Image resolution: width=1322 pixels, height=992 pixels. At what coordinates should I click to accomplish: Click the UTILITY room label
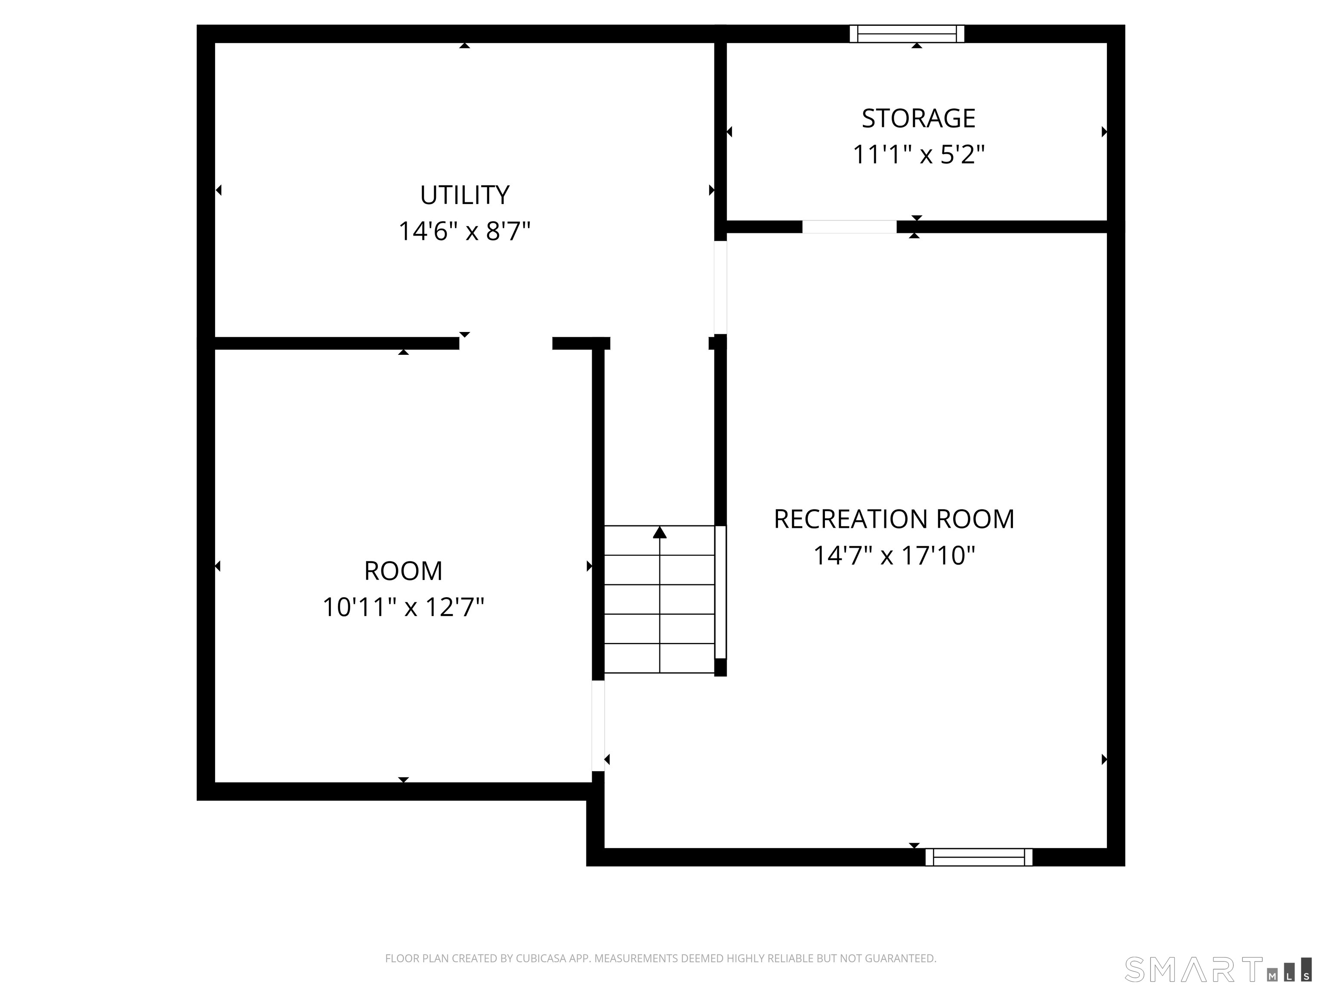click(464, 195)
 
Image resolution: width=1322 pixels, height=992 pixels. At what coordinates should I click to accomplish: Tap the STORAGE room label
click(918, 118)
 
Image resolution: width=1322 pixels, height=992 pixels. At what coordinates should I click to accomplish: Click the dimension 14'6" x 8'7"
click(464, 231)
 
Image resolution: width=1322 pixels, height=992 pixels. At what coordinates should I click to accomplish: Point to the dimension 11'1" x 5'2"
click(918, 155)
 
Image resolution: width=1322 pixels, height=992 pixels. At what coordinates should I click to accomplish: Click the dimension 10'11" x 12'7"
click(403, 608)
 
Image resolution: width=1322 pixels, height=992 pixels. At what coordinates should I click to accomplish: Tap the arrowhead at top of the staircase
click(659, 532)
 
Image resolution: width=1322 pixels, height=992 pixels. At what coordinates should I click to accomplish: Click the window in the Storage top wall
click(907, 34)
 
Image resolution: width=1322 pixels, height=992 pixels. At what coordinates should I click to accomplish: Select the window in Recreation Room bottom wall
click(978, 857)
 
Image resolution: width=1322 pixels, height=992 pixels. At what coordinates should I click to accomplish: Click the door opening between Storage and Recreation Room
click(849, 226)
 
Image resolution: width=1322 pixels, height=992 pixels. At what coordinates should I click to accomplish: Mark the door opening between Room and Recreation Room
click(598, 725)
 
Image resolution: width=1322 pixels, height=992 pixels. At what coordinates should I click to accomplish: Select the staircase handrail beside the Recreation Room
click(721, 592)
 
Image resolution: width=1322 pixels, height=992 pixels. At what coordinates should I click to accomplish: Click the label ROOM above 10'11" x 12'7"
click(403, 571)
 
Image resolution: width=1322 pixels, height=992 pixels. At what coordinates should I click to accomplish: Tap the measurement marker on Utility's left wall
click(219, 190)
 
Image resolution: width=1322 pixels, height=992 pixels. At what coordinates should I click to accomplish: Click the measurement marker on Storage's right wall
click(1104, 132)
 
